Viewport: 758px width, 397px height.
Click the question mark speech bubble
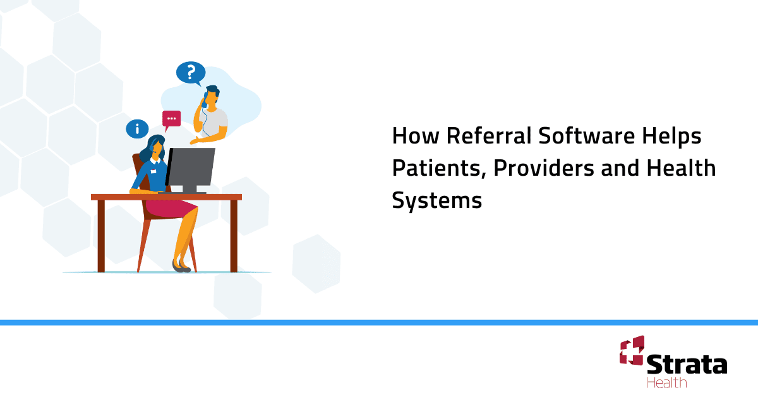(x=191, y=73)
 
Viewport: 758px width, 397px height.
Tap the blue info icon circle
(x=137, y=128)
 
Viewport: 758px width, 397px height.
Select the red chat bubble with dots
(x=171, y=119)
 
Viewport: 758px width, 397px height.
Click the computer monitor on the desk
(x=191, y=167)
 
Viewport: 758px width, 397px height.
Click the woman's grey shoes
(x=181, y=267)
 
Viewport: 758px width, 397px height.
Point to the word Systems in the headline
(x=436, y=200)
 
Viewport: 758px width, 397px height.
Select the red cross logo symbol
(x=631, y=351)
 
